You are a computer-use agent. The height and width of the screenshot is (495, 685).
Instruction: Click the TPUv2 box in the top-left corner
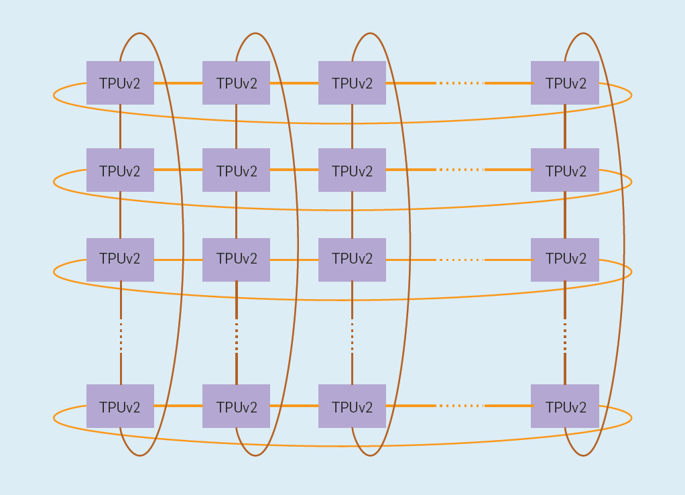[120, 83]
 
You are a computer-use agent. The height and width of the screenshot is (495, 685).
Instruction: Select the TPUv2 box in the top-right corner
[564, 83]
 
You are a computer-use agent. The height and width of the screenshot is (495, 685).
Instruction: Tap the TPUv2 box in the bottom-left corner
[120, 406]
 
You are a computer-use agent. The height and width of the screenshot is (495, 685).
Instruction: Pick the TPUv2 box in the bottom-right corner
[564, 406]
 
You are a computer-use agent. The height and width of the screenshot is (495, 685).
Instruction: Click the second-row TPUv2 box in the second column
[236, 170]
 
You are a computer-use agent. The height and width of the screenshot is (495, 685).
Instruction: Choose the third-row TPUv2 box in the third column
[352, 260]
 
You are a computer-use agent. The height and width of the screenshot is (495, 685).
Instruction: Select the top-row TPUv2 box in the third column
[352, 83]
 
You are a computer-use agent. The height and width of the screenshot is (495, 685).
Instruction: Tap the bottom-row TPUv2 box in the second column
[236, 406]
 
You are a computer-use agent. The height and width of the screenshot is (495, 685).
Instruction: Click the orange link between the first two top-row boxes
[178, 83]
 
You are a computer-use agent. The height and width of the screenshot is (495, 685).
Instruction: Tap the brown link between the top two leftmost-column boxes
[121, 126]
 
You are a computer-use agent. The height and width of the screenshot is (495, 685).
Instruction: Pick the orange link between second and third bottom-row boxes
[294, 406]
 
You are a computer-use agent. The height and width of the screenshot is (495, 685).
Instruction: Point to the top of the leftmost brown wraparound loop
[139, 33]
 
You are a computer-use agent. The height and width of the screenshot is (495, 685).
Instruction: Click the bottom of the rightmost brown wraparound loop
[582, 456]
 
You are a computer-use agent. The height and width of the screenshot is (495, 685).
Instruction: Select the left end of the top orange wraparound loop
[54, 95]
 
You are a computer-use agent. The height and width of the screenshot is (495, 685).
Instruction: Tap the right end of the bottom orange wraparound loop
[631, 418]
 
